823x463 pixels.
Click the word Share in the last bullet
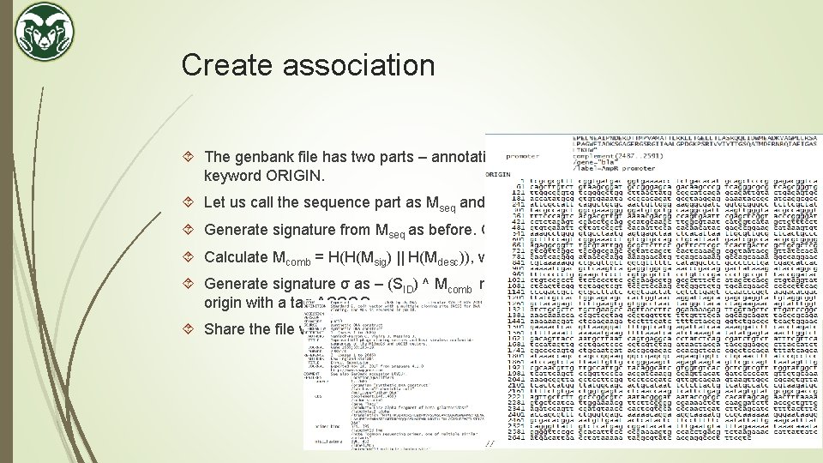224,328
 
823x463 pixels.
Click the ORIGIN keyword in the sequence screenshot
499,175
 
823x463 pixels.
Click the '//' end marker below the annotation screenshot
491,443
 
